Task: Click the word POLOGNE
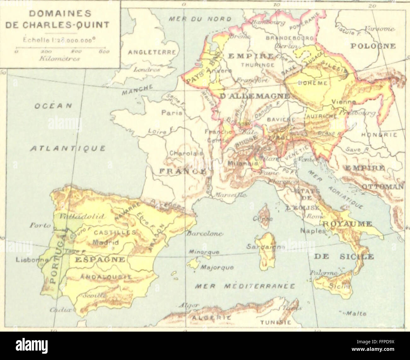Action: (x=373, y=46)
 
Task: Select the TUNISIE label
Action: (x=275, y=323)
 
